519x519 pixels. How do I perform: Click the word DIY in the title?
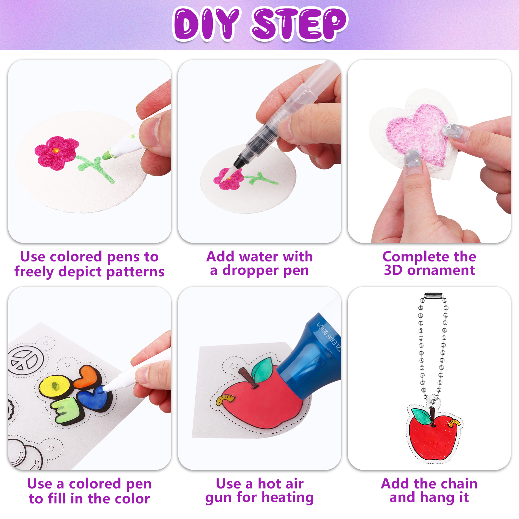(x=207, y=25)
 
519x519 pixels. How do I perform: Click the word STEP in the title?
(x=299, y=25)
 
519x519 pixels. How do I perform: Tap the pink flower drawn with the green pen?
(x=56, y=153)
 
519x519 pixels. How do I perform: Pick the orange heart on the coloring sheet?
(x=88, y=376)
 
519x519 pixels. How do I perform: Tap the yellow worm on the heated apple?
(x=224, y=399)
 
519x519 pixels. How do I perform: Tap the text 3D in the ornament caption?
(x=393, y=270)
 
